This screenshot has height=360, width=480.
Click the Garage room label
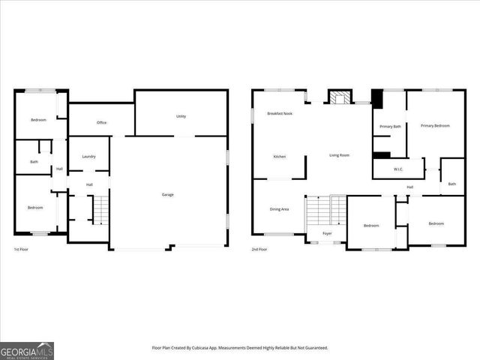tap(168, 195)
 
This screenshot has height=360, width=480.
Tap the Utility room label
tap(181, 116)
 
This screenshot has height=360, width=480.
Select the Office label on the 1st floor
tap(102, 122)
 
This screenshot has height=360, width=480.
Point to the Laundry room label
tap(88, 157)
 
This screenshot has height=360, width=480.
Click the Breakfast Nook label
tap(280, 113)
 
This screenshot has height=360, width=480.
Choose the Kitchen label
tap(279, 156)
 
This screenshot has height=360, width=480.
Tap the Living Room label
tap(340, 155)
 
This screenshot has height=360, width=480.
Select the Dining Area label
tap(279, 209)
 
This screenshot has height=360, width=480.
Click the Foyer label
tap(327, 233)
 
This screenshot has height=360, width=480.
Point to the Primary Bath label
tap(390, 127)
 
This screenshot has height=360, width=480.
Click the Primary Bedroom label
tap(435, 125)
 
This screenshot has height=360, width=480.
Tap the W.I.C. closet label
tap(398, 169)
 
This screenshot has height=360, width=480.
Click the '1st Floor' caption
tap(22, 249)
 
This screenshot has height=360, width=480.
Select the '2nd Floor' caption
tap(259, 249)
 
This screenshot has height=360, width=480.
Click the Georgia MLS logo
tap(27, 350)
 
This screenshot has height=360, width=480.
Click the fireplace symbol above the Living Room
tap(340, 97)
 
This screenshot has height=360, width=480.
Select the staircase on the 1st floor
tap(100, 209)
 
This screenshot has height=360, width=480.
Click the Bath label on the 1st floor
tap(34, 162)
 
